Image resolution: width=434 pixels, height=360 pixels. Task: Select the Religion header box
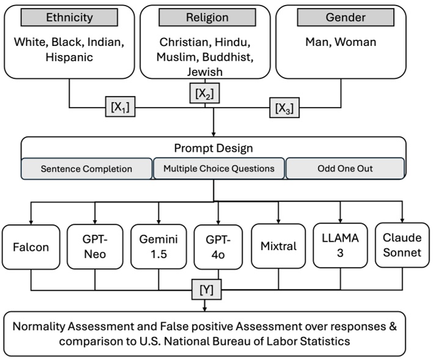pos(205,18)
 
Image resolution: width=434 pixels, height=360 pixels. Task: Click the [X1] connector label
pos(120,108)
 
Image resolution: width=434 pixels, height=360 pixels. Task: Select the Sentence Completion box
pos(86,169)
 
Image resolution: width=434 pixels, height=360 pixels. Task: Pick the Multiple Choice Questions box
pos(218,169)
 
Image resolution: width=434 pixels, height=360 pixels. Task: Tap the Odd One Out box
pos(345,169)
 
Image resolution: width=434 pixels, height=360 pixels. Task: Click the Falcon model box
pos(31,247)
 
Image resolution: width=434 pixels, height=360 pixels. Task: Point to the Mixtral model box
pos(278,247)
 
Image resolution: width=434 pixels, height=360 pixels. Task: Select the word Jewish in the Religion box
pos(205,72)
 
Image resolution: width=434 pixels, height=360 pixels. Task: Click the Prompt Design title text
pos(213,147)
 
